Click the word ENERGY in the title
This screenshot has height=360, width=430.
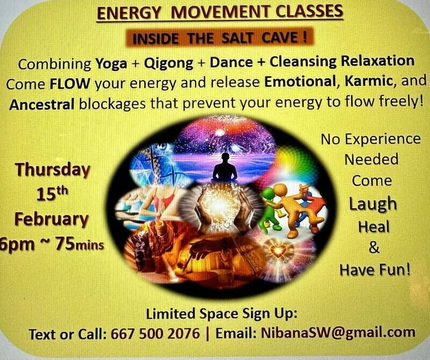point(128,13)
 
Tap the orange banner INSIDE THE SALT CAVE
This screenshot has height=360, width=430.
point(219,37)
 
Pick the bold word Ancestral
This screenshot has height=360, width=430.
point(42,104)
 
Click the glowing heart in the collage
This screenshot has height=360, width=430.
point(278,250)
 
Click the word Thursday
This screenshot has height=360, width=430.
point(53,170)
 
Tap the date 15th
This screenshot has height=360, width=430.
point(52,193)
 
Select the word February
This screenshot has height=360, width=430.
point(52,219)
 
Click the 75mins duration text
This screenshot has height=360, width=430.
point(80,244)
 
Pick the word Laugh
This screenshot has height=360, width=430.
point(373,204)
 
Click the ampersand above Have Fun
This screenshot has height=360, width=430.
point(374,248)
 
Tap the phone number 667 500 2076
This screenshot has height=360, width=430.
point(155,334)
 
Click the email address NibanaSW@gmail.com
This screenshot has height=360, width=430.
point(338,333)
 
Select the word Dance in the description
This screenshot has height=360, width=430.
point(231,62)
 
